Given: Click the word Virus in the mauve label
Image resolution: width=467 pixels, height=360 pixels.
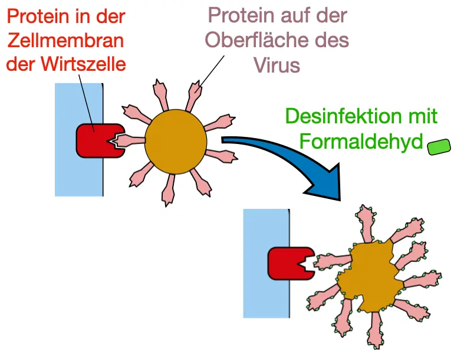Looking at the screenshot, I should tap(277, 64).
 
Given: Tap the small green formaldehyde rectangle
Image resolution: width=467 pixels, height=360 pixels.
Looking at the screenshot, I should tap(439, 146).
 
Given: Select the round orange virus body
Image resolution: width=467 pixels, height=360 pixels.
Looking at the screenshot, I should tap(176, 140).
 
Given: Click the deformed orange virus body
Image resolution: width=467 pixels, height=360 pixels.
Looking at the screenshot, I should tap(370, 276).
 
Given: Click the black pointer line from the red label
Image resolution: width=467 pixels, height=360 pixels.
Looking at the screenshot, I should tap(85, 100).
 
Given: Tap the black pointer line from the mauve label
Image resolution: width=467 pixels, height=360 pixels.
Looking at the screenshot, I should tap(214, 70).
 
